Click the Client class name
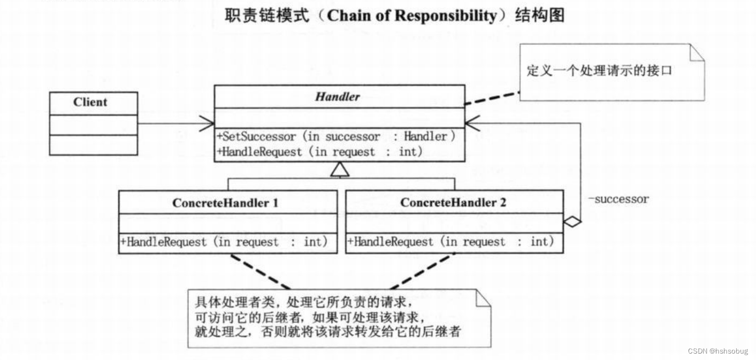(90, 102)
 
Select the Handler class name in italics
(338, 97)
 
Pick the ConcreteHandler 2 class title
(453, 203)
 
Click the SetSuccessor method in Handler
(336, 136)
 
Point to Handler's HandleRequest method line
(320, 152)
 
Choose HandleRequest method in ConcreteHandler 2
(450, 242)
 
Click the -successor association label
(618, 200)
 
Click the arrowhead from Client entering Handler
(206, 124)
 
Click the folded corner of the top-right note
(697, 52)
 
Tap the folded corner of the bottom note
(483, 298)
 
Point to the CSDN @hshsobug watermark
(717, 351)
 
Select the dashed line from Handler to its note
(492, 98)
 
